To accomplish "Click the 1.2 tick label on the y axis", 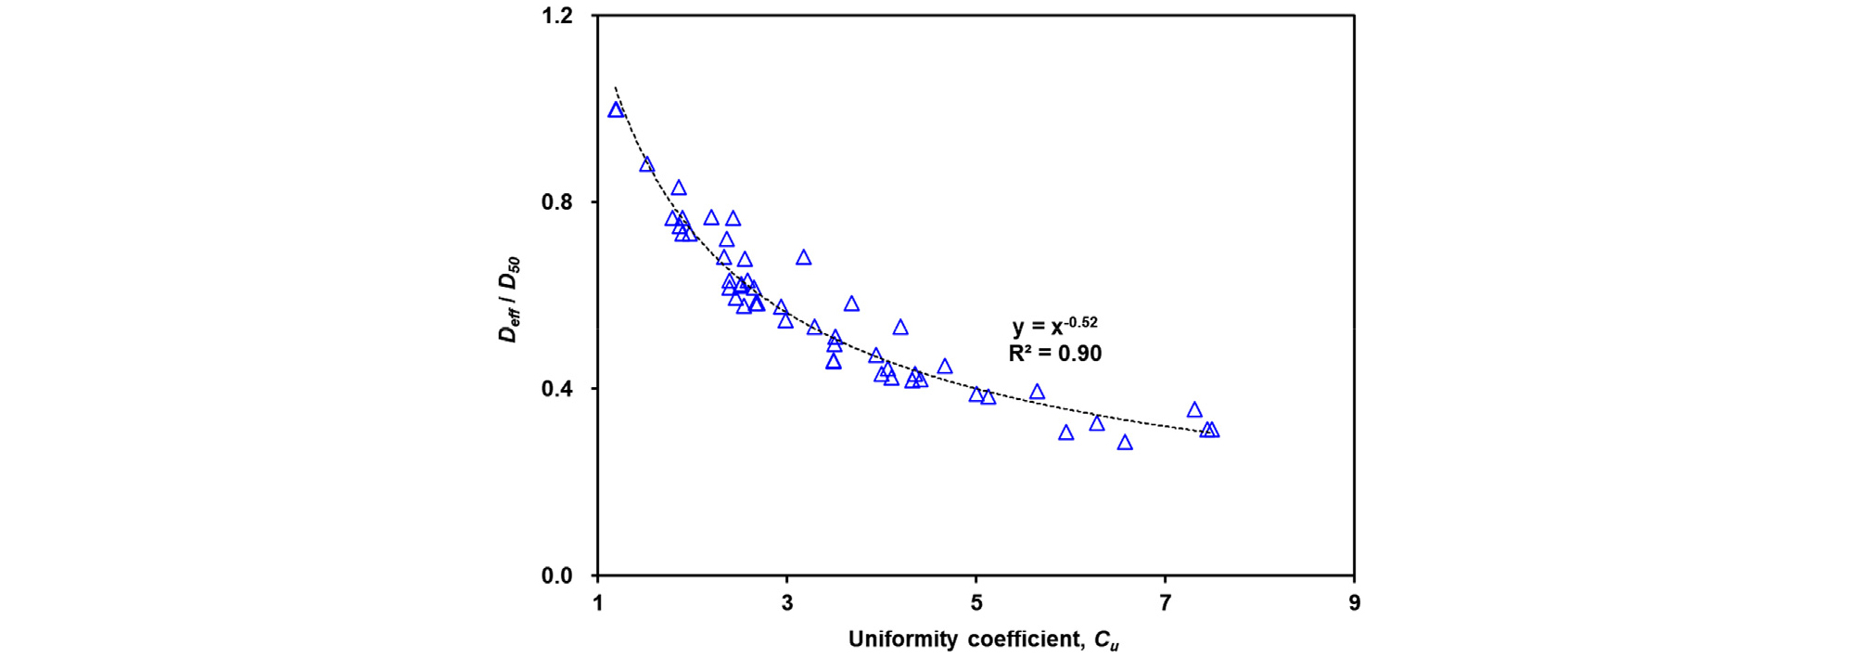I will [557, 17].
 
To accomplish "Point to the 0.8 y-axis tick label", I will [557, 202].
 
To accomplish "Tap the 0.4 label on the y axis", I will [557, 389].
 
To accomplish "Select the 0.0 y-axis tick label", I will [557, 575].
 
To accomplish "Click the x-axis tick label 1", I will [598, 603].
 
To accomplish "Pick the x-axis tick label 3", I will [787, 603].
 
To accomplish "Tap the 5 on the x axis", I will [976, 603].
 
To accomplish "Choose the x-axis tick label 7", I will [1166, 603].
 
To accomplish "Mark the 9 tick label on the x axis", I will [1355, 603].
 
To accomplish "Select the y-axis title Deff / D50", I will [509, 300].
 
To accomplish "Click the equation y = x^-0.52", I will [1054, 326].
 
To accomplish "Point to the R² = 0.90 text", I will [1054, 354].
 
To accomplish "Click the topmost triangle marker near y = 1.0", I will [616, 110].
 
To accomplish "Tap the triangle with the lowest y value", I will [1125, 444].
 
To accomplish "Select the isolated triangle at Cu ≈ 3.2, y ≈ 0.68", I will [804, 258].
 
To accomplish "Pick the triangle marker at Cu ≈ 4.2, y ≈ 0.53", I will [900, 328].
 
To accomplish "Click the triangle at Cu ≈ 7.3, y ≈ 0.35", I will [1194, 410].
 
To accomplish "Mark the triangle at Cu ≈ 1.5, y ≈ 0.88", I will [646, 165].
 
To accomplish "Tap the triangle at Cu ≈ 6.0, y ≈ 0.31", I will [1066, 433].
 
